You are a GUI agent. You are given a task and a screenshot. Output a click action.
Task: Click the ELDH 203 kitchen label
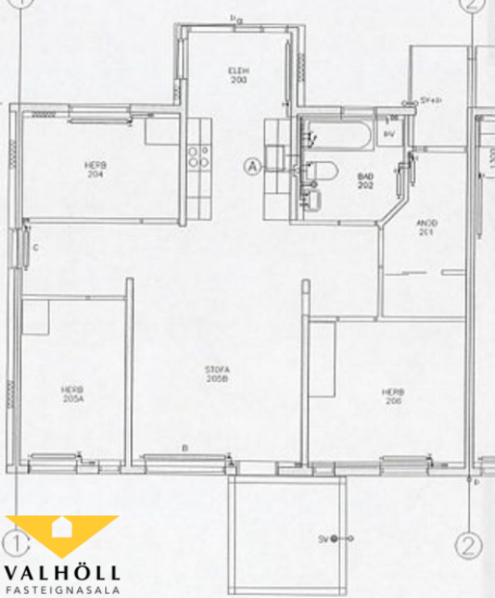point(239,75)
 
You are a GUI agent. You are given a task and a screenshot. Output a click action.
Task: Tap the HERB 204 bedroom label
point(94,170)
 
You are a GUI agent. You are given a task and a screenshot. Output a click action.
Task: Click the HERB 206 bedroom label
point(391,395)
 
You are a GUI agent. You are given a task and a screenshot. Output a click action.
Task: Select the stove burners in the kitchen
point(200,155)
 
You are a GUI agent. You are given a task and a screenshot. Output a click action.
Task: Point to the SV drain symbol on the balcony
point(334,538)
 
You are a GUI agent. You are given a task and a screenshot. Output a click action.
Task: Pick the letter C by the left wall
point(35,248)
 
